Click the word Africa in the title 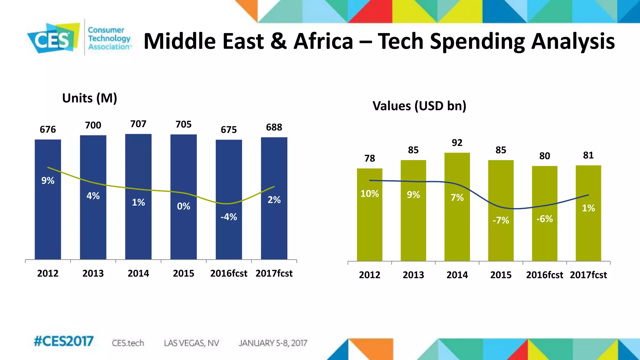[x=323, y=41]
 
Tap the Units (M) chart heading [x=90, y=98]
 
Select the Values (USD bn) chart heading [x=419, y=106]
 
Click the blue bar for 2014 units [x=138, y=225]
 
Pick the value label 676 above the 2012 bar [x=48, y=129]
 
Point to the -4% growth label [x=229, y=217]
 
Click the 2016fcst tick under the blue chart [x=229, y=273]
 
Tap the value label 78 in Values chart [x=370, y=158]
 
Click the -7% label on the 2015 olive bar [x=501, y=220]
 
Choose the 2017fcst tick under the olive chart [x=588, y=275]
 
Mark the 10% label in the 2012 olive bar [x=370, y=194]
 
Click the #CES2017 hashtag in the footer [x=63, y=341]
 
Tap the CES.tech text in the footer [x=128, y=343]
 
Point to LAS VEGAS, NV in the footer [x=191, y=343]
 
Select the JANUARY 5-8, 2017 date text [x=273, y=343]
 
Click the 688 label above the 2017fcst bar [x=274, y=127]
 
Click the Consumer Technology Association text [x=109, y=38]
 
